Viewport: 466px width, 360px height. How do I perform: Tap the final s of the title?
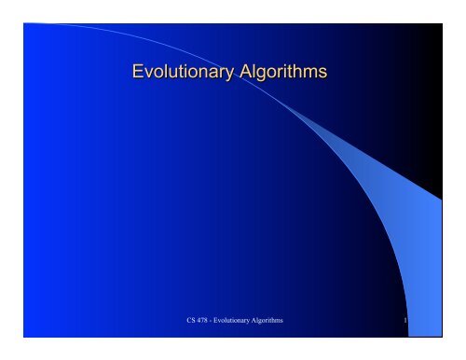322,73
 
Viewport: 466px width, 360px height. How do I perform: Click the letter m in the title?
310,73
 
